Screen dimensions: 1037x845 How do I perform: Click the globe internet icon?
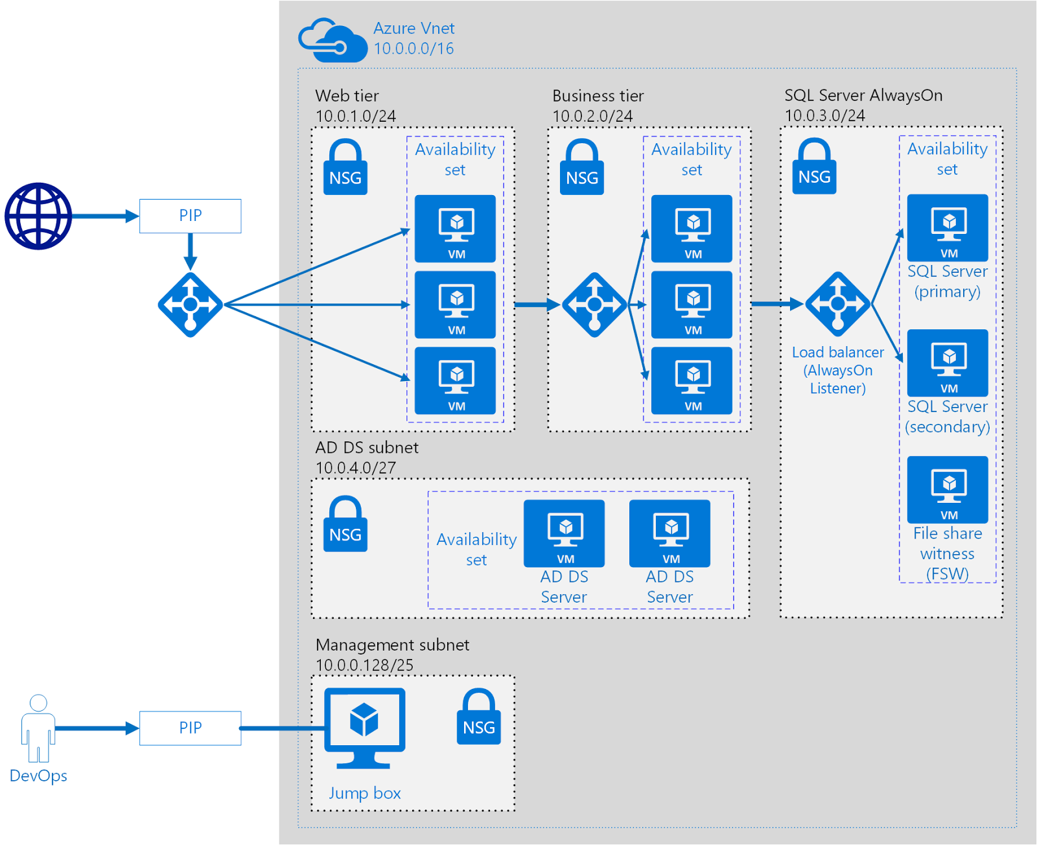pyautogui.click(x=38, y=216)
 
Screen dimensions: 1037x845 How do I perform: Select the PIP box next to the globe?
pyautogui.click(x=191, y=216)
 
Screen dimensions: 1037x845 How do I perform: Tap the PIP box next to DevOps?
pyautogui.click(x=191, y=728)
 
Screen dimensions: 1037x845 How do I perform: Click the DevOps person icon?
pyautogui.click(x=38, y=728)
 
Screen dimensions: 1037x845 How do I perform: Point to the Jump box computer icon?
pyautogui.click(x=365, y=728)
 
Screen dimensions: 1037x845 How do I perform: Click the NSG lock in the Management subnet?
pyautogui.click(x=479, y=717)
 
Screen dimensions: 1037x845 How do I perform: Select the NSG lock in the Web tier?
pyautogui.click(x=345, y=167)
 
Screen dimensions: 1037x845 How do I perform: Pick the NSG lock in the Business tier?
pyautogui.click(x=582, y=167)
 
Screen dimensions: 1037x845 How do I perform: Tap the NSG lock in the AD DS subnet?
pyautogui.click(x=345, y=524)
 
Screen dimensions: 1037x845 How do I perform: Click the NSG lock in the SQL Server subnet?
pyautogui.click(x=815, y=165)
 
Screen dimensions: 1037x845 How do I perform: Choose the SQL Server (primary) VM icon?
pyautogui.click(x=948, y=228)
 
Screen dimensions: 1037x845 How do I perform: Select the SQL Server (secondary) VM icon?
pyautogui.click(x=948, y=363)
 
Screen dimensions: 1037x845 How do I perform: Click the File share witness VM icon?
pyautogui.click(x=948, y=490)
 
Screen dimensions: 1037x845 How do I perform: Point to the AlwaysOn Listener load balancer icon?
pyautogui.click(x=838, y=304)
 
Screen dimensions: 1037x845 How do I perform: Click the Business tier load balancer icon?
pyautogui.click(x=594, y=305)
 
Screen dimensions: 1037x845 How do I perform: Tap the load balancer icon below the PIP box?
pyautogui.click(x=191, y=305)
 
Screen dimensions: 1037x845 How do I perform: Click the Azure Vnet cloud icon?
pyautogui.click(x=333, y=40)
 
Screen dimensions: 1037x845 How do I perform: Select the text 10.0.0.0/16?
pyautogui.click(x=414, y=49)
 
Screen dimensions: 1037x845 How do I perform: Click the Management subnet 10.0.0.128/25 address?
pyautogui.click(x=365, y=666)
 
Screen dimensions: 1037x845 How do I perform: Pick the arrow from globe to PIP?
pyautogui.click(x=106, y=216)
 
